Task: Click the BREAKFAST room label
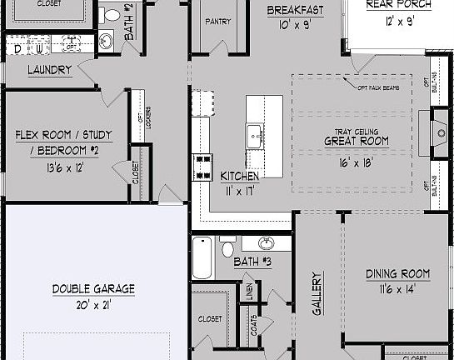click(295, 11)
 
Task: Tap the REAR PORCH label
click(399, 4)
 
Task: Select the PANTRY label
click(217, 21)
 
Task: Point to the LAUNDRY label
click(49, 70)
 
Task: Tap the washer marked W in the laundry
click(39, 49)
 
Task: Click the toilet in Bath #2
click(109, 13)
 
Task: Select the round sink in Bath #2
click(106, 40)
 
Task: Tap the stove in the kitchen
click(202, 167)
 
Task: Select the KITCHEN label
click(239, 176)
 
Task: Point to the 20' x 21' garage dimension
click(92, 304)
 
